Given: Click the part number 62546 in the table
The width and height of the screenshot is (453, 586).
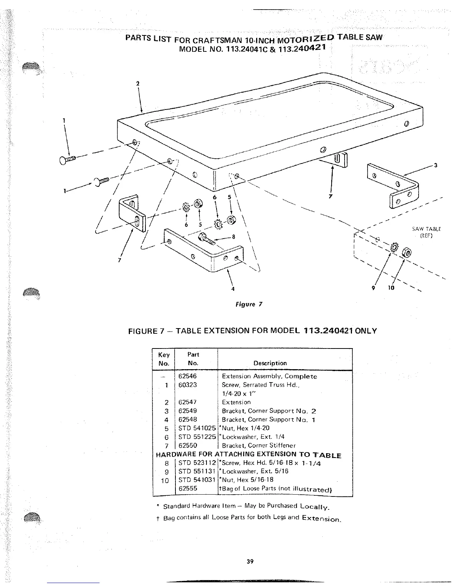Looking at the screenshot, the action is tap(187, 376).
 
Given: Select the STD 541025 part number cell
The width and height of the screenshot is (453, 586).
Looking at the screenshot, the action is tap(197, 428).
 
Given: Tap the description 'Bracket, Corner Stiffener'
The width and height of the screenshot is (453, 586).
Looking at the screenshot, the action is tap(259, 445).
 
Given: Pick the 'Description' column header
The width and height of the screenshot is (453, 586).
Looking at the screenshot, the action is tap(270, 363).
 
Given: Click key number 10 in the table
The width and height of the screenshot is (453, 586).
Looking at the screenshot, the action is tap(165, 481).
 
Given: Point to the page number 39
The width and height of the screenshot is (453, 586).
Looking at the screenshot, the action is tap(250, 562).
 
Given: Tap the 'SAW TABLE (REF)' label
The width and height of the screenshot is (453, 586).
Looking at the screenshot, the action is tap(426, 232).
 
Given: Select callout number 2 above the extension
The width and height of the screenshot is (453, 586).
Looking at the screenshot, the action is tap(138, 84).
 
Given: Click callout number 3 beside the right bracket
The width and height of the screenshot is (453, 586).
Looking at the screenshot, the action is tap(436, 165).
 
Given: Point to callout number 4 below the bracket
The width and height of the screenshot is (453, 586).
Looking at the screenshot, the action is tap(233, 289).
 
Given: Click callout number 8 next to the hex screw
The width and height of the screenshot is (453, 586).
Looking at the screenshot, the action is tap(234, 237).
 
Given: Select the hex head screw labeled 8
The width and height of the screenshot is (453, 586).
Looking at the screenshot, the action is tap(206, 239).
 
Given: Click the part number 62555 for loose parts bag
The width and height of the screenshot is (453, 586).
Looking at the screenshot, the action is tap(188, 489).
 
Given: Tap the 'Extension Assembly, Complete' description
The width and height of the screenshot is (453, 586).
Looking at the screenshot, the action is tap(269, 376).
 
